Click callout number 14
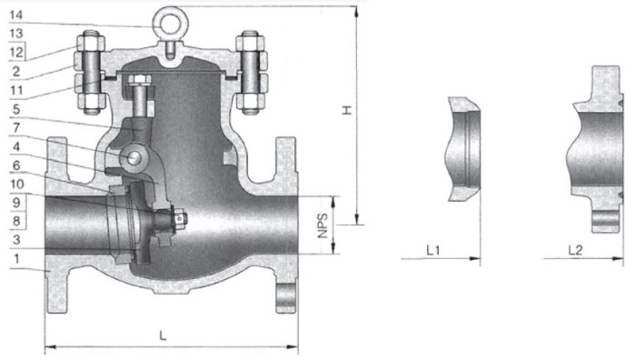click(15, 15)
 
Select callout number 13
click(16, 34)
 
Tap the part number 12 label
click(16, 53)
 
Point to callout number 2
click(16, 72)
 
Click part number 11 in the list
click(16, 90)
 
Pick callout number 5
click(16, 109)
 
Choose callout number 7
click(16, 128)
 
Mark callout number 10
click(16, 185)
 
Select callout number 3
click(16, 240)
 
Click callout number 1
click(16, 258)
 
